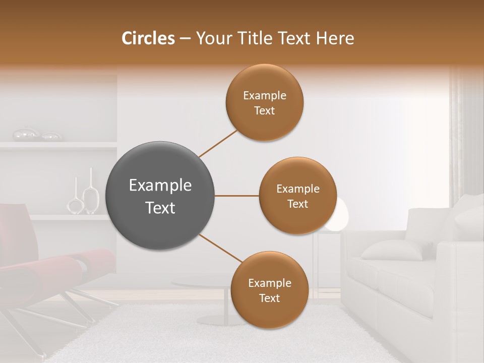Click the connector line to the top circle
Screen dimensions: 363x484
(218, 144)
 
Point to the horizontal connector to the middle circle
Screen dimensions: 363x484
(236, 196)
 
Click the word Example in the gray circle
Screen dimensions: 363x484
(160, 186)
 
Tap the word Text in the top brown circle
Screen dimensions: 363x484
(264, 111)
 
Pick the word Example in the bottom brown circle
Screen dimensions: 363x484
(269, 283)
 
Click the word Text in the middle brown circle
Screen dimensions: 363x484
(297, 204)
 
